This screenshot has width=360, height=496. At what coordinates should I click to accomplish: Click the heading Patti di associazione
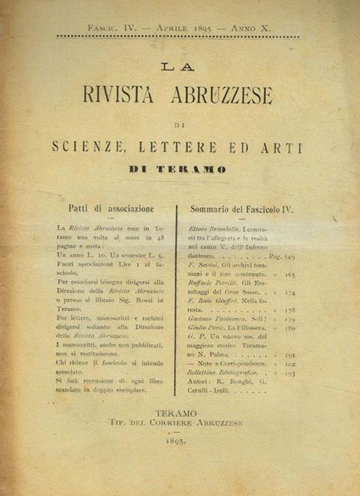(111, 209)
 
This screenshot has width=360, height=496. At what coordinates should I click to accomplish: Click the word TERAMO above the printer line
(176, 413)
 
